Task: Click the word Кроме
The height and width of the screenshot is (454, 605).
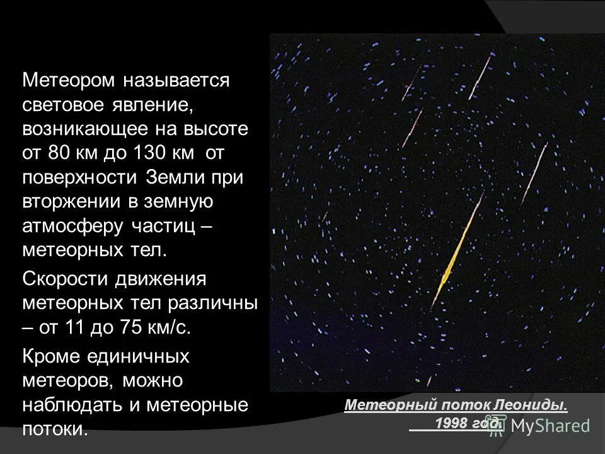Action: [51, 357]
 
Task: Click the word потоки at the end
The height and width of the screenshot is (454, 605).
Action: [55, 429]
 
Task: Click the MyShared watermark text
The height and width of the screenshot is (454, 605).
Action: [550, 426]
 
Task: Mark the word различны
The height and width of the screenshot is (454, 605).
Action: [213, 303]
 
